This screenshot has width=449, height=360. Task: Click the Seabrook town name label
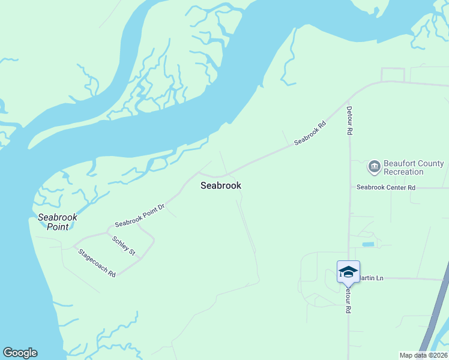220,185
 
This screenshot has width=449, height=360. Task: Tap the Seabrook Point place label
54,222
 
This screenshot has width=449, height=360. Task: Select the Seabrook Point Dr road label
140,215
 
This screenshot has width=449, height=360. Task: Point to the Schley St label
123,245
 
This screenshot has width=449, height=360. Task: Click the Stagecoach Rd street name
97,262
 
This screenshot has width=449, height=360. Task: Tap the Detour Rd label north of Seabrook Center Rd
349,120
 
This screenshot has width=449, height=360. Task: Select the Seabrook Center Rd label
386,187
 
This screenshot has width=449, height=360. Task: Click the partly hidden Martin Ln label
371,278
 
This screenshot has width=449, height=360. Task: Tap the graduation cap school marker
348,272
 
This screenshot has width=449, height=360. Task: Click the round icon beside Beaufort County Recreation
375,166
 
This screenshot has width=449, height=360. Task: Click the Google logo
20,353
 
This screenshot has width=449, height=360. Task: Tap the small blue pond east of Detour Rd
368,245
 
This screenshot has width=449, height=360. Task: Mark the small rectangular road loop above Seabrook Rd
393,74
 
